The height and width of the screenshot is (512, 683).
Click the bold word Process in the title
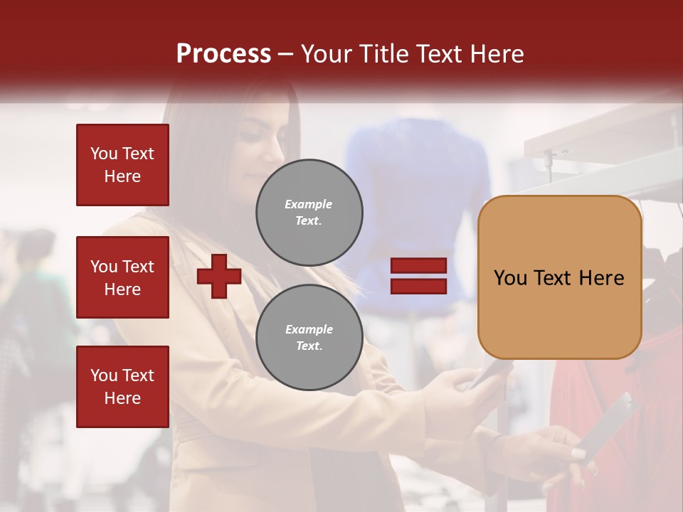(223, 54)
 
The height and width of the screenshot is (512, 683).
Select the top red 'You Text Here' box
(122, 165)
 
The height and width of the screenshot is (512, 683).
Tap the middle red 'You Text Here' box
(122, 277)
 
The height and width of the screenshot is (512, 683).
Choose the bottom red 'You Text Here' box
(122, 386)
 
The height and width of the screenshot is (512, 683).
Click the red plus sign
(219, 276)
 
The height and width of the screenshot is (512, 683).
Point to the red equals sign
(419, 276)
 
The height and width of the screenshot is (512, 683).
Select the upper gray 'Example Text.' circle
(309, 213)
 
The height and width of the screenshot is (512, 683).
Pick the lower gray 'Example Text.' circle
(309, 338)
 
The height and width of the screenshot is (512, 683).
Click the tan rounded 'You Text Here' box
(559, 277)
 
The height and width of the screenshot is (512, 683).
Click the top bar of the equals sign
(419, 266)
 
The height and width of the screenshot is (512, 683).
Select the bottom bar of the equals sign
(419, 286)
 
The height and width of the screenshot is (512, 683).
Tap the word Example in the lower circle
(309, 329)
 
